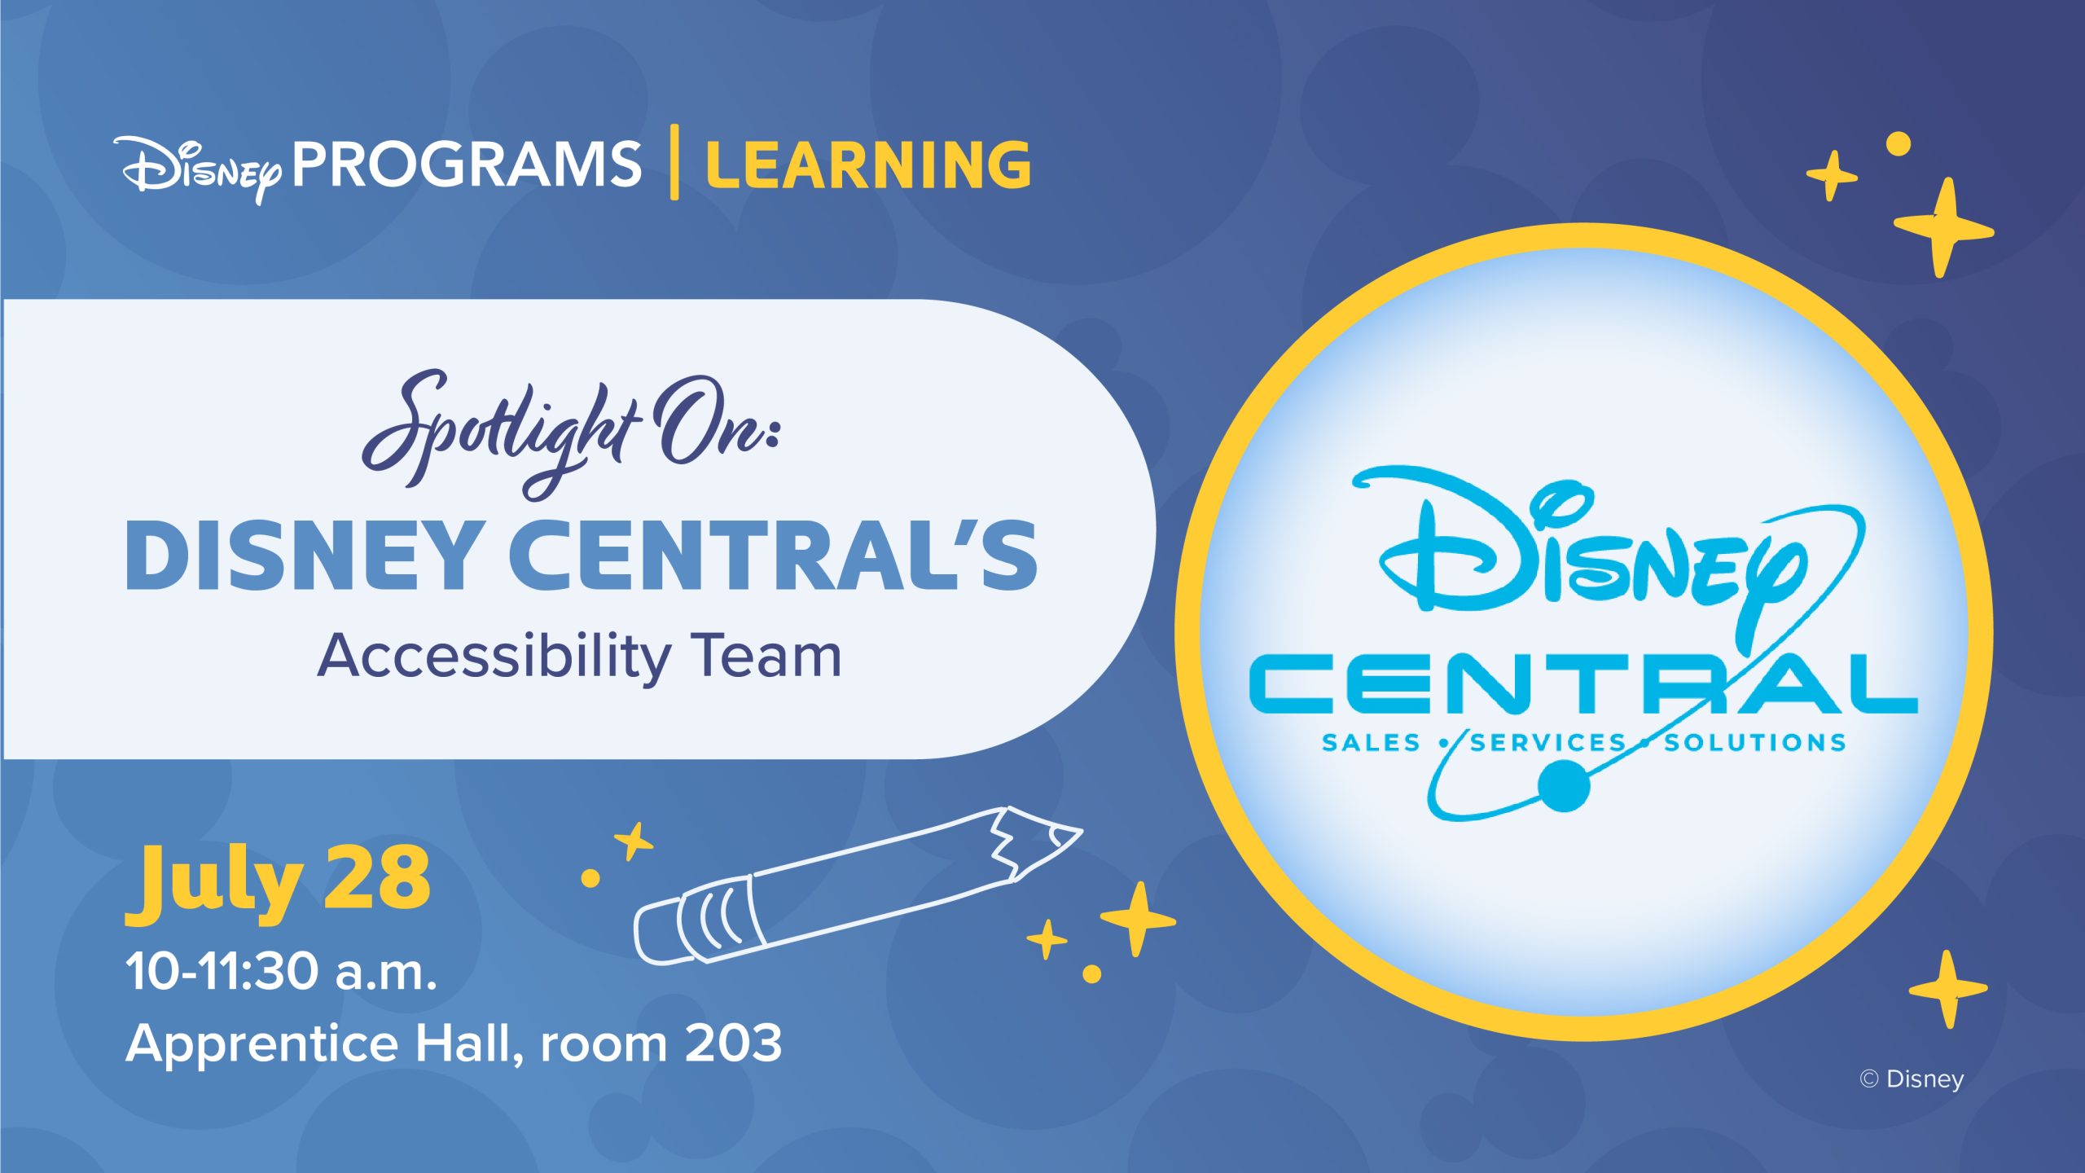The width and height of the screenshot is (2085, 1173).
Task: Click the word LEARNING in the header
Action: (868, 165)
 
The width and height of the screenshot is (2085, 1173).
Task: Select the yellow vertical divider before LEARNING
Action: (674, 162)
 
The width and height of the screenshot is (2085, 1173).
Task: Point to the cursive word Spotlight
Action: (498, 432)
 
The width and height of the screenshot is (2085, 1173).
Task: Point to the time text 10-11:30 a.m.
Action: (281, 972)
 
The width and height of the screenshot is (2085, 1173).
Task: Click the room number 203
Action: (733, 1043)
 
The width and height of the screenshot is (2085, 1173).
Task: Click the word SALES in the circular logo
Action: (1371, 743)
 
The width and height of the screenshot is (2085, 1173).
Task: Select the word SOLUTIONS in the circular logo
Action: (1755, 743)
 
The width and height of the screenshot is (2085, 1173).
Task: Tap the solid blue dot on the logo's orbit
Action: (1564, 786)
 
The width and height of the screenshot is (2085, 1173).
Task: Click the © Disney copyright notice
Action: (1912, 1079)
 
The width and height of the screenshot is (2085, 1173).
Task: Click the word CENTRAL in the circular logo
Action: (1583, 683)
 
